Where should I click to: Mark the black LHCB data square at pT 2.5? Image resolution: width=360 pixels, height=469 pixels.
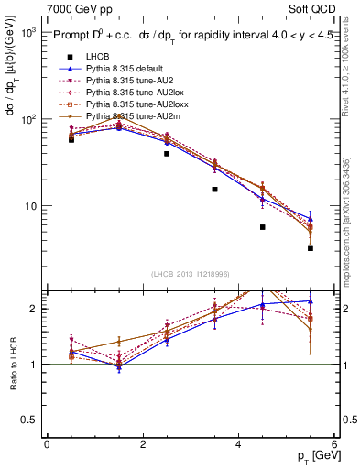tap(167, 154)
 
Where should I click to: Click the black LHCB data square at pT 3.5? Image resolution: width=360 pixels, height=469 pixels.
tap(214, 190)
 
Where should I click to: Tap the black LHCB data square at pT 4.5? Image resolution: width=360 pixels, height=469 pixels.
tap(263, 227)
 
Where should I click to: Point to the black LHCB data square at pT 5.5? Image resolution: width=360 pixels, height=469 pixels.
tap(311, 248)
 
